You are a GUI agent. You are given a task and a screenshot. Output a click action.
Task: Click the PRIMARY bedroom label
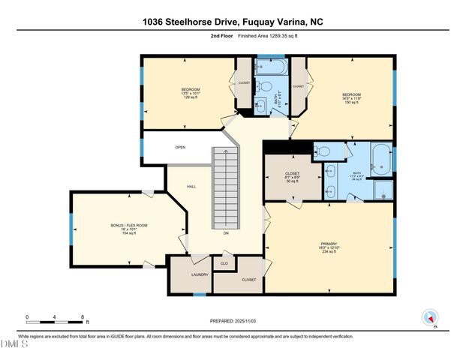[329, 247]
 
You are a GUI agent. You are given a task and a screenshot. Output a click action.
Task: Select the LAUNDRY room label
[200, 274]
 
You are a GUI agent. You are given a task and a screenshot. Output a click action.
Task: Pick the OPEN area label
[180, 147]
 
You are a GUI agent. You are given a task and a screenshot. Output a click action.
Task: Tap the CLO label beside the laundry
[224, 263]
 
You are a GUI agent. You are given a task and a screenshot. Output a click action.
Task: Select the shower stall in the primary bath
[382, 190]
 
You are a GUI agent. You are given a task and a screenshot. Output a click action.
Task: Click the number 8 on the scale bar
[81, 317]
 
